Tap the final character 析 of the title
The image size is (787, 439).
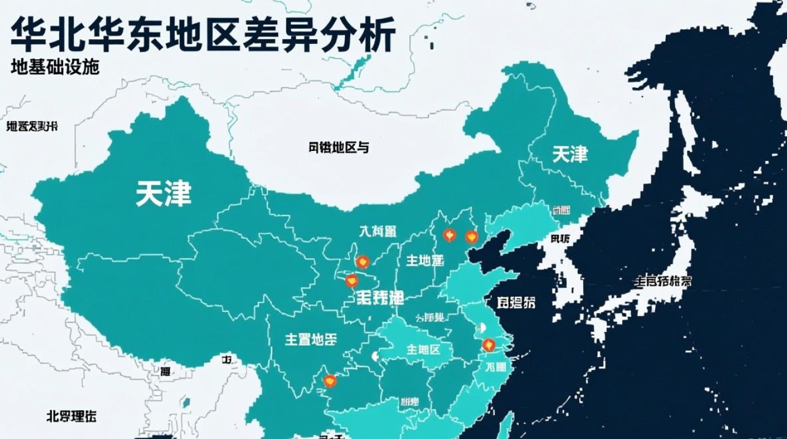[376, 34]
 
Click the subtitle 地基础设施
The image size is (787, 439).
[55, 67]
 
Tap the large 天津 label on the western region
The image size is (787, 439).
[164, 193]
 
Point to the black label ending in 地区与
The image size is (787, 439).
[338, 148]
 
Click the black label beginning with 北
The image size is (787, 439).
[71, 416]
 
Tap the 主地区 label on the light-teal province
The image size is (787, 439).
[423, 349]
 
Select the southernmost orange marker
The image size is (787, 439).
[330, 381]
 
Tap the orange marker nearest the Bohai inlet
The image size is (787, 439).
[471, 236]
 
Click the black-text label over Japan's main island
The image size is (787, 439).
[662, 281]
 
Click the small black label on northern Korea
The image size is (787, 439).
[560, 239]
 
